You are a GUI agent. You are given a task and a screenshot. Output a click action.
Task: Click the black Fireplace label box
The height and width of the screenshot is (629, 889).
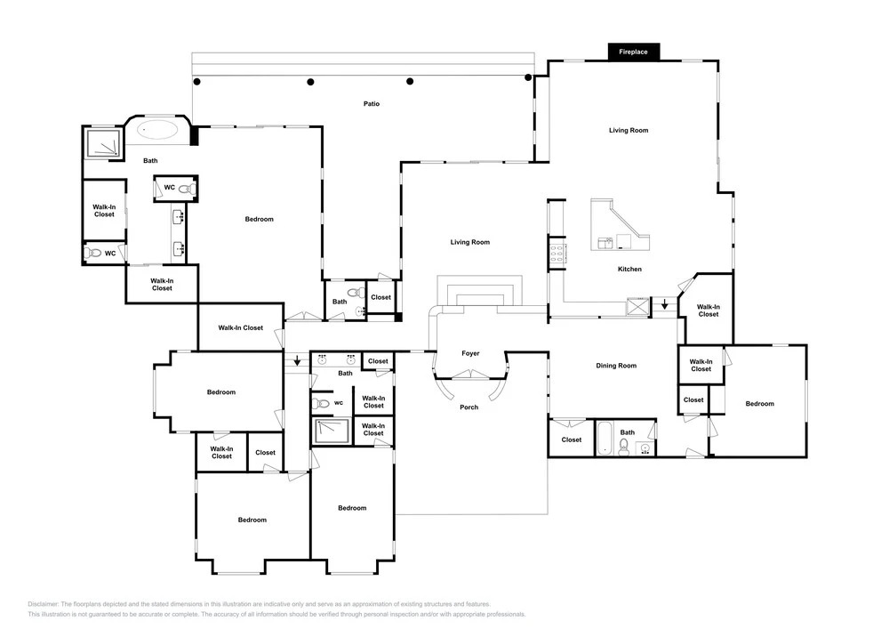[633, 52]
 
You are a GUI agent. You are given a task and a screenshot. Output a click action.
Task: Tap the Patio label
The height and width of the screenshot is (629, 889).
[372, 104]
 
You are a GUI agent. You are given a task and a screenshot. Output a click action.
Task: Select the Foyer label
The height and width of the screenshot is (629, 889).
[470, 353]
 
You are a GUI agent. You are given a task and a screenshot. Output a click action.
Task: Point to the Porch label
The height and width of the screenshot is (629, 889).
[469, 407]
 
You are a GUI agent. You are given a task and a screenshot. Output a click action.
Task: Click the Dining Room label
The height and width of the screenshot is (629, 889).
[616, 366]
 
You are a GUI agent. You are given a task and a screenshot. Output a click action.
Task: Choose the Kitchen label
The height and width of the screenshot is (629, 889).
[630, 270]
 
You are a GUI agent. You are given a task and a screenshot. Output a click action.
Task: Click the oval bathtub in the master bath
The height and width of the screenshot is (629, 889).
[158, 129]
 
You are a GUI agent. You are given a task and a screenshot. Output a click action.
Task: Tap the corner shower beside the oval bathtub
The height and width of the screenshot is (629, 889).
[103, 143]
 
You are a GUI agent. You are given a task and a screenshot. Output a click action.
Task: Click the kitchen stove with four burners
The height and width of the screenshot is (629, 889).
[557, 253]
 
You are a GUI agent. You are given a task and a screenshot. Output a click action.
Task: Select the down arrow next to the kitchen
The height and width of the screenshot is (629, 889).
[665, 305]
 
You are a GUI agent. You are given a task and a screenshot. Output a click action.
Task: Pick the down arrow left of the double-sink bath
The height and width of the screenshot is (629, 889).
[297, 360]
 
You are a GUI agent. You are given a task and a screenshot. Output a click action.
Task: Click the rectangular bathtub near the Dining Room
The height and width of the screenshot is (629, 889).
[604, 438]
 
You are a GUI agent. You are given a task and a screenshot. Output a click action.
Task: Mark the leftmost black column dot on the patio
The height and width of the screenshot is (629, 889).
[196, 82]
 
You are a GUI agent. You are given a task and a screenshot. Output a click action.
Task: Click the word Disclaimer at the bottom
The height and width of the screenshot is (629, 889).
[43, 605]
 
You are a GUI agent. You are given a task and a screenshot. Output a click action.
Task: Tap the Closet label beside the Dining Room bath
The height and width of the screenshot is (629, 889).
[572, 440]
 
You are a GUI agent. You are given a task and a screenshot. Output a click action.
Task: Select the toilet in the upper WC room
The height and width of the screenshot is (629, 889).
[188, 189]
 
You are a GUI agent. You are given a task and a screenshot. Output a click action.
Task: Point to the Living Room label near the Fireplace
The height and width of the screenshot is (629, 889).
[629, 131]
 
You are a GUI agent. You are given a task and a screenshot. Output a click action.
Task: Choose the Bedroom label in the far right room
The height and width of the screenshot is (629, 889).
[760, 404]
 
